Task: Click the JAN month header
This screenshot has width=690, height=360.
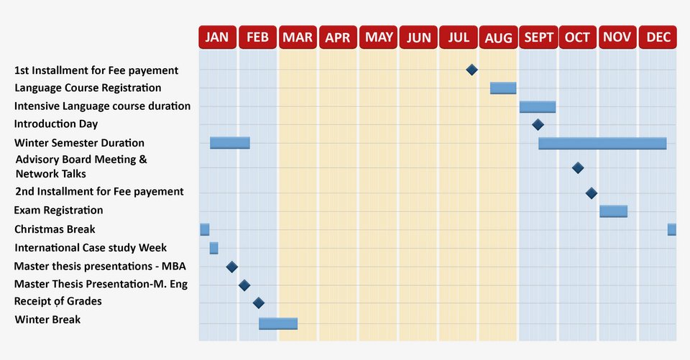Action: (x=217, y=37)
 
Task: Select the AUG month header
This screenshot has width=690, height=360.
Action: (x=498, y=37)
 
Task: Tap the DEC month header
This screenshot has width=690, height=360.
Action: (x=658, y=37)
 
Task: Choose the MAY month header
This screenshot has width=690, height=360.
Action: (x=378, y=37)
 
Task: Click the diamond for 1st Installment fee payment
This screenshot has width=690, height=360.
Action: (x=471, y=70)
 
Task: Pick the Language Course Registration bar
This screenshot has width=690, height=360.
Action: (x=503, y=88)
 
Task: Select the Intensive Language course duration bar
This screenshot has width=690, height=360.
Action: (x=538, y=106)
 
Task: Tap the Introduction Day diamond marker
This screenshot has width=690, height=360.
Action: (x=538, y=125)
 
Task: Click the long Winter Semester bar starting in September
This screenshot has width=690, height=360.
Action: (x=602, y=143)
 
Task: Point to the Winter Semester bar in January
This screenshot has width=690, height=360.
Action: (x=230, y=142)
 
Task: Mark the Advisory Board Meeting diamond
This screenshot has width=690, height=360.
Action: (x=577, y=167)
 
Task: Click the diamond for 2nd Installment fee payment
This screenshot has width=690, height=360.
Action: (x=591, y=193)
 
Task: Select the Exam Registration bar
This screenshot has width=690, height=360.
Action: (x=613, y=211)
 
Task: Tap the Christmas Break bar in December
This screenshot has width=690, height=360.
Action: (x=671, y=229)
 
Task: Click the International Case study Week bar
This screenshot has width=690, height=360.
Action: (x=213, y=248)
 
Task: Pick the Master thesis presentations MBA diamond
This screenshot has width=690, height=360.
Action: (x=231, y=267)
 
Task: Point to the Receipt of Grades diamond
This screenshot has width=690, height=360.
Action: (x=259, y=303)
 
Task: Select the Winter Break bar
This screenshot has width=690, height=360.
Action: (x=278, y=323)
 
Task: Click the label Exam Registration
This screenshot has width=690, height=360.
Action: (x=58, y=211)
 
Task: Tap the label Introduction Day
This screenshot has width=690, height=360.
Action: (x=56, y=124)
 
